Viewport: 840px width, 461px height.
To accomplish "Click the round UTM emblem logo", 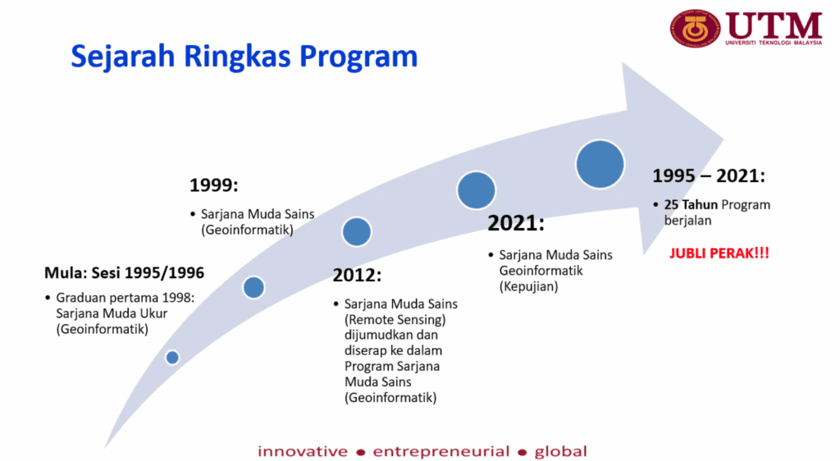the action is point(695,28).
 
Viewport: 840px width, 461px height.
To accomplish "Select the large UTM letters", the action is point(774,25).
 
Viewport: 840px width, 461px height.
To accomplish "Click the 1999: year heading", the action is point(214,185).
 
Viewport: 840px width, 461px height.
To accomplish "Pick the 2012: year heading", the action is point(357,276).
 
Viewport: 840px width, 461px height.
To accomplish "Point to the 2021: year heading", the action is point(515,223).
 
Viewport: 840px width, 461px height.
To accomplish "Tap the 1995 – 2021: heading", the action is point(709,176).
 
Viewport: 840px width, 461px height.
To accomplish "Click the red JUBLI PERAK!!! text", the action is point(719,253).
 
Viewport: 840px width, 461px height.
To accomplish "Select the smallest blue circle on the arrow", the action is point(172,357).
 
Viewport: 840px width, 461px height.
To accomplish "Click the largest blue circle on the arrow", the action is point(600,164).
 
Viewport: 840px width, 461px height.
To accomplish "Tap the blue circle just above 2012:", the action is point(357,232).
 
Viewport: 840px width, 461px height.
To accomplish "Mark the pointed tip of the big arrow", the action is point(724,139).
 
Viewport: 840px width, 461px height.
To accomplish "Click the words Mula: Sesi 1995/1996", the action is point(125,273).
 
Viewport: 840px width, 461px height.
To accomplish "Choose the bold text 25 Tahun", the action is point(691,205).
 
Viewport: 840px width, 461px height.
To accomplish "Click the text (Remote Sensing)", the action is point(395,320).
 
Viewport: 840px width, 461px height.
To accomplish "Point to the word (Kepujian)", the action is point(529,286).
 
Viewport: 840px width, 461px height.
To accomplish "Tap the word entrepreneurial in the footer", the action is point(441,451).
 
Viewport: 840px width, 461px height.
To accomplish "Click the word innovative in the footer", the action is point(303,451).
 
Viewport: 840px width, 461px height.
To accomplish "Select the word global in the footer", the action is point(561,451).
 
